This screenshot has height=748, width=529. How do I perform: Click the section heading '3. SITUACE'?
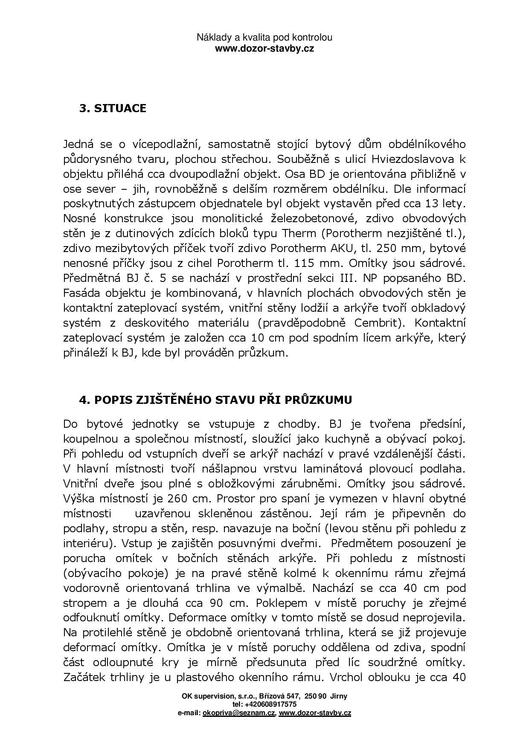click(x=113, y=108)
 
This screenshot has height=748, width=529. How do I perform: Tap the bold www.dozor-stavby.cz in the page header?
click(x=264, y=48)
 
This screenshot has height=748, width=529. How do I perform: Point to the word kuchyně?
click(x=364, y=439)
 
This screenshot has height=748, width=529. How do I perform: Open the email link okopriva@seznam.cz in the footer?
click(x=239, y=713)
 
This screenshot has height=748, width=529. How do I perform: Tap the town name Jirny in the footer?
click(x=337, y=696)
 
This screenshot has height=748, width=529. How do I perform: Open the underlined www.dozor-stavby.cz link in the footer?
click(x=315, y=713)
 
